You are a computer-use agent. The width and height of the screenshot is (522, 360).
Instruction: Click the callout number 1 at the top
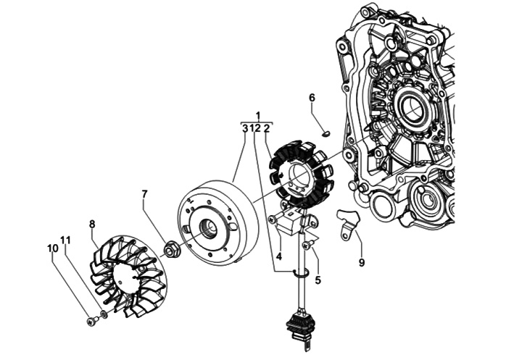coord(257,116)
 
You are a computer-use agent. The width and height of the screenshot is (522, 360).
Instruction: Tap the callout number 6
coord(312,98)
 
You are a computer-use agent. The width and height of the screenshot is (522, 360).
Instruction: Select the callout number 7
coord(145,194)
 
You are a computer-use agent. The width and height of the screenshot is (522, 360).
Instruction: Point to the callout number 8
coord(92,224)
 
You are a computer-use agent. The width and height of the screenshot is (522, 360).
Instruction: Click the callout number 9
coord(361,263)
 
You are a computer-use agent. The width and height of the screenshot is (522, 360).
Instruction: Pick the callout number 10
coord(52,248)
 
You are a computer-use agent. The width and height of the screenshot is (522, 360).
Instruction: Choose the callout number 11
coord(66,240)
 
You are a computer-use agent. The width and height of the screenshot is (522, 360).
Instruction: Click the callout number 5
coord(317,279)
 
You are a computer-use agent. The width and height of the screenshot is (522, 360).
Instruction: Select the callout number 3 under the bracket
coord(245,128)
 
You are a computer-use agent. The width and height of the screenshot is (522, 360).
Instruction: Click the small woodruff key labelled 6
coord(326,133)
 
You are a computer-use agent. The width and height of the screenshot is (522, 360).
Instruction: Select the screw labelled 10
coord(90,321)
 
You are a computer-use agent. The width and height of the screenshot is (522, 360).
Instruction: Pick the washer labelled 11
coord(103,315)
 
